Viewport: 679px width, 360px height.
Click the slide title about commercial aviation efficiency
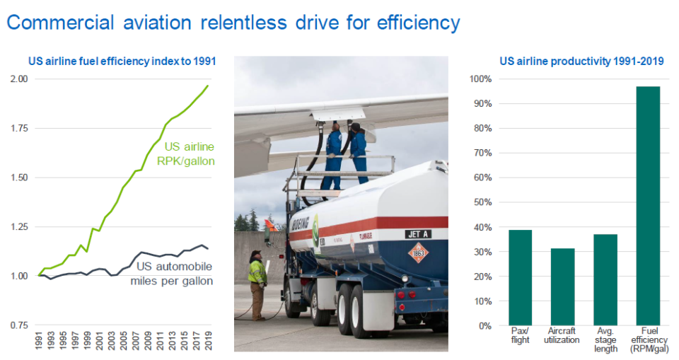click(233, 23)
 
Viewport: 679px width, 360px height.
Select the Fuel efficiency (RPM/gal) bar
click(648, 206)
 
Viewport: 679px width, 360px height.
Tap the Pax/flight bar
click(520, 277)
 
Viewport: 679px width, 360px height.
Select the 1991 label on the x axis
click(38, 341)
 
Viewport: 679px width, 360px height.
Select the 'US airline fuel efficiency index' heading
click(122, 62)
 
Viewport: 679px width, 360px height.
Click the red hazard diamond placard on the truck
click(418, 252)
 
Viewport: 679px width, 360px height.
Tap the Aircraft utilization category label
click(562, 335)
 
